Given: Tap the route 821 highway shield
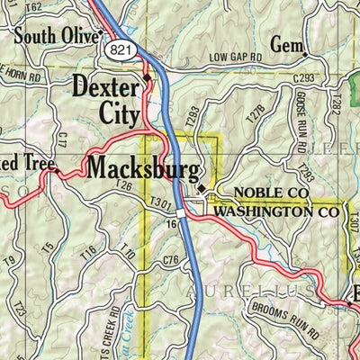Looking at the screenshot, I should click(x=121, y=50).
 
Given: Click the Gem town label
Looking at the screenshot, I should click(x=283, y=44).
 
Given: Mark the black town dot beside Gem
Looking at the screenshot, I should click(x=305, y=53).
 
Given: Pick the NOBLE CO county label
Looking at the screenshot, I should click(x=271, y=193).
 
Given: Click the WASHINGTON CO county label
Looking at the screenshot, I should click(x=278, y=212).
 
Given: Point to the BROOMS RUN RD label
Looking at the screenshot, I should click(x=286, y=323).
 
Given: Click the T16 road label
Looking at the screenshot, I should click(x=87, y=254).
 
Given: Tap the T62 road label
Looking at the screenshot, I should click(x=34, y=6).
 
